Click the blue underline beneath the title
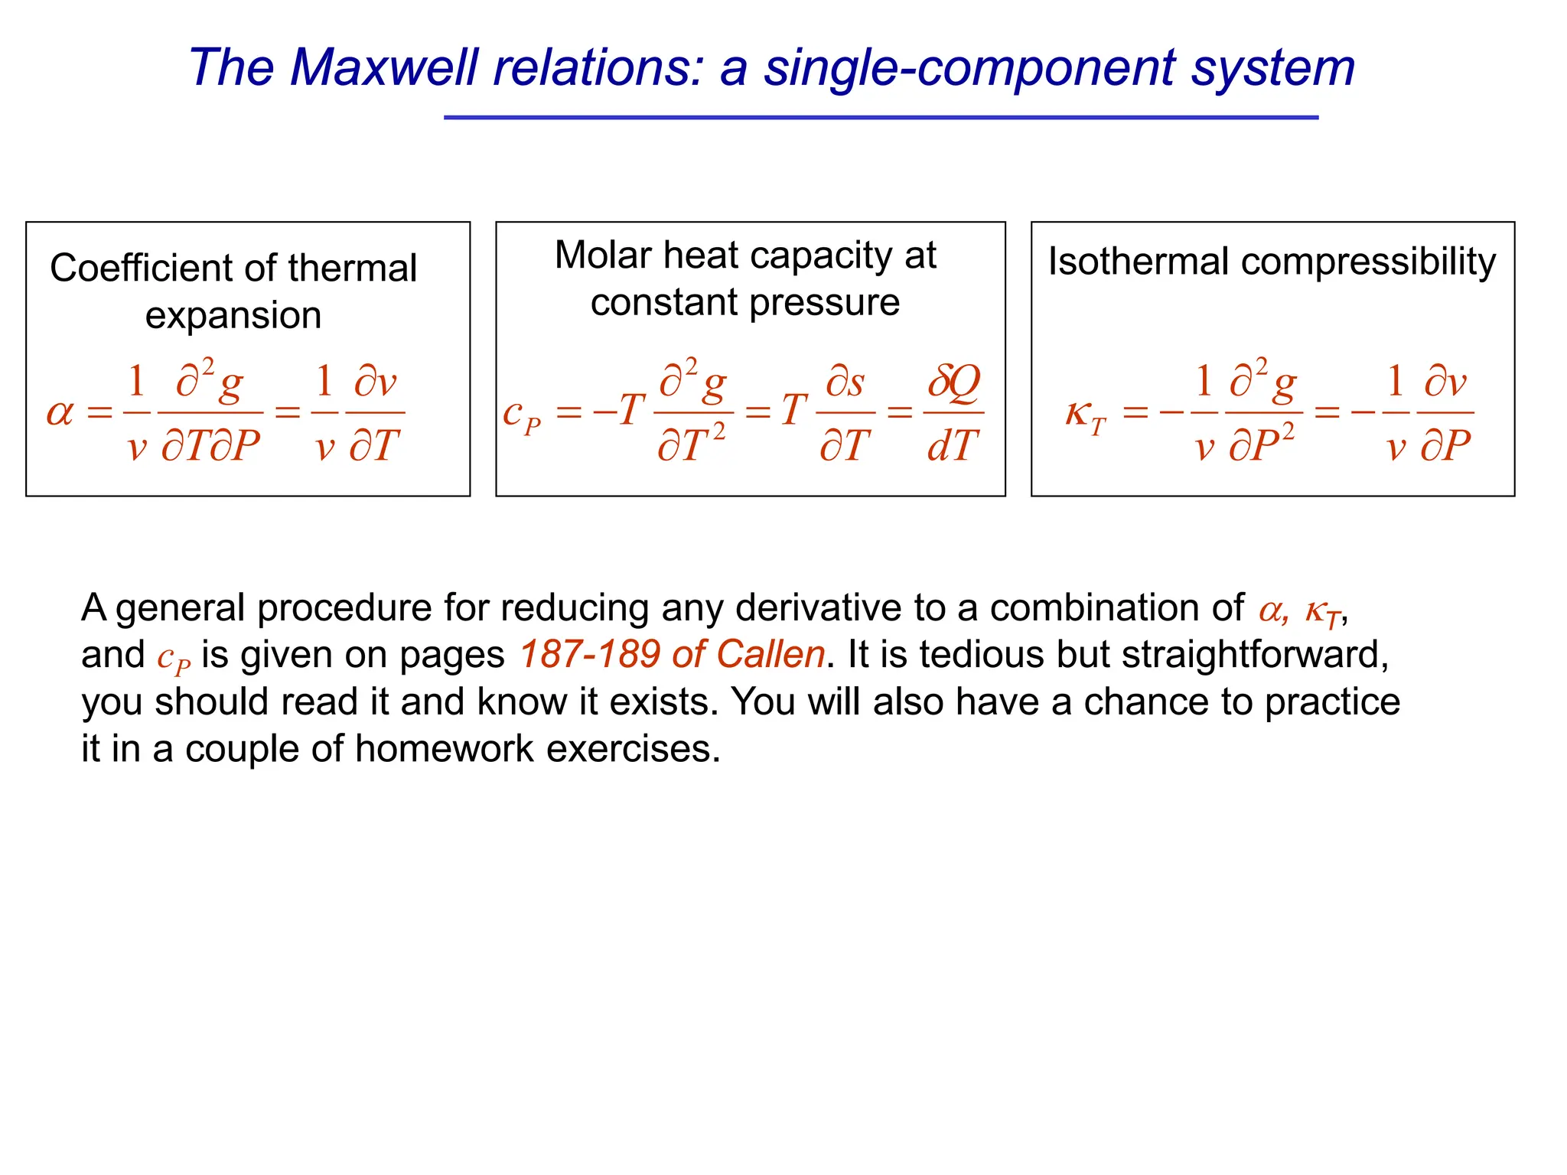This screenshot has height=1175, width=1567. tap(881, 118)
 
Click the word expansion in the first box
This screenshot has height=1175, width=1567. tap(233, 315)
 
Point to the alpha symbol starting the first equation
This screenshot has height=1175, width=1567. tap(60, 413)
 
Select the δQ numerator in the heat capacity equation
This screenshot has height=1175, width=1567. tap(953, 382)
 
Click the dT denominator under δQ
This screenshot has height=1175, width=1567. tap(953, 445)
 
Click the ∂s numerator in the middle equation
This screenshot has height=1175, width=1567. tap(845, 382)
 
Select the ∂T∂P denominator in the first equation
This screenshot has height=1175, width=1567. tap(210, 445)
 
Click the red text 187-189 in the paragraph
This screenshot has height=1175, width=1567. tap(589, 655)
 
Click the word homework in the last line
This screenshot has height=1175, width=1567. tap(444, 748)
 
